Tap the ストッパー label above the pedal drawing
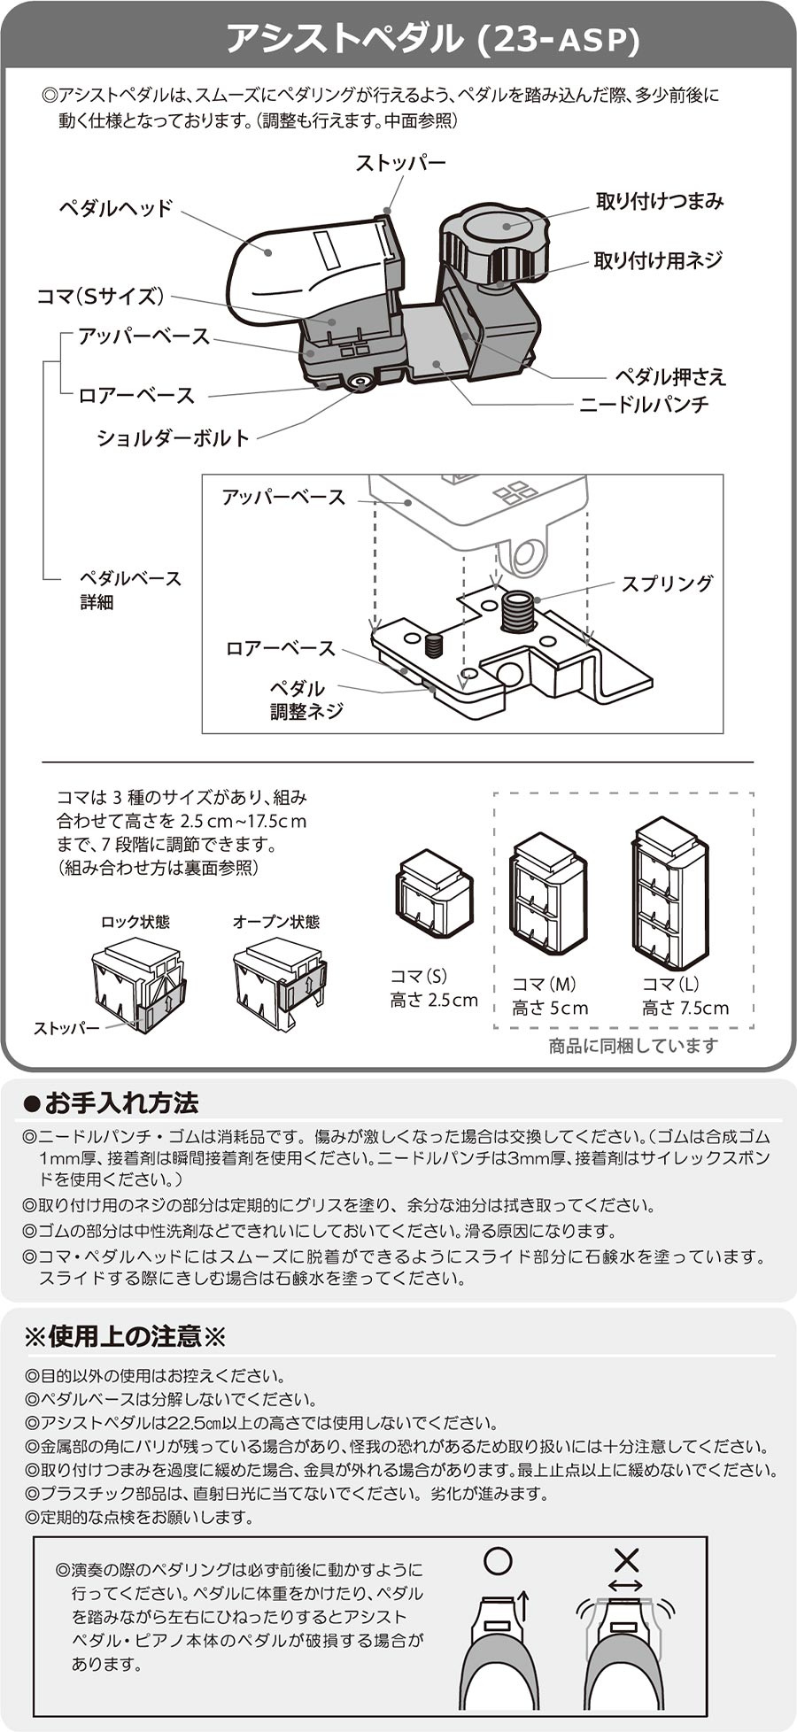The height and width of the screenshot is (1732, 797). (400, 163)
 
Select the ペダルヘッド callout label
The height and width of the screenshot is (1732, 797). (116, 208)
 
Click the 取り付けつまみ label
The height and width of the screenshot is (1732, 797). (660, 202)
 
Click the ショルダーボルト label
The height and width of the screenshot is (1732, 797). (174, 437)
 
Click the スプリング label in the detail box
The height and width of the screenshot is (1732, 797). (666, 584)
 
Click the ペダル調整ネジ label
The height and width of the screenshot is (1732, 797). (306, 700)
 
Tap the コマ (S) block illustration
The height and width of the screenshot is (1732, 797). (433, 894)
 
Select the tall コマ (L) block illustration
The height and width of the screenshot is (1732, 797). (669, 894)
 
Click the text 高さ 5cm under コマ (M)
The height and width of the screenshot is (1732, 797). (550, 1008)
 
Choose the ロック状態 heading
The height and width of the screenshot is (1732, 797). (135, 922)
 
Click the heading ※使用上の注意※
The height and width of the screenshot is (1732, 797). (126, 1335)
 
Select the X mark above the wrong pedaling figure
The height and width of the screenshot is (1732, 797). (626, 1560)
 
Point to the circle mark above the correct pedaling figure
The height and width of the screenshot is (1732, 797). (499, 1560)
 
